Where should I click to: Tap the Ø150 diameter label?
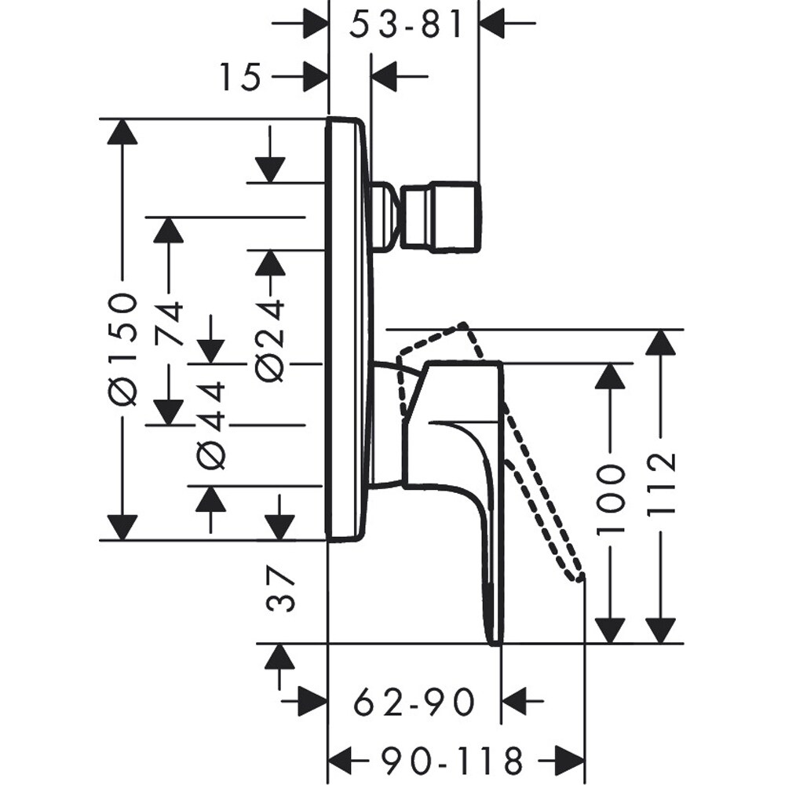(122, 348)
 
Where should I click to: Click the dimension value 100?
(610, 498)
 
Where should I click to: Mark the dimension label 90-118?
(454, 760)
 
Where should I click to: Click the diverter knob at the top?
(440, 217)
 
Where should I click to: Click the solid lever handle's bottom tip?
(495, 640)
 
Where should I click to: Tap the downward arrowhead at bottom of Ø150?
(122, 528)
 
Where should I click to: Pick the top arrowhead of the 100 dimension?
(610, 376)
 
